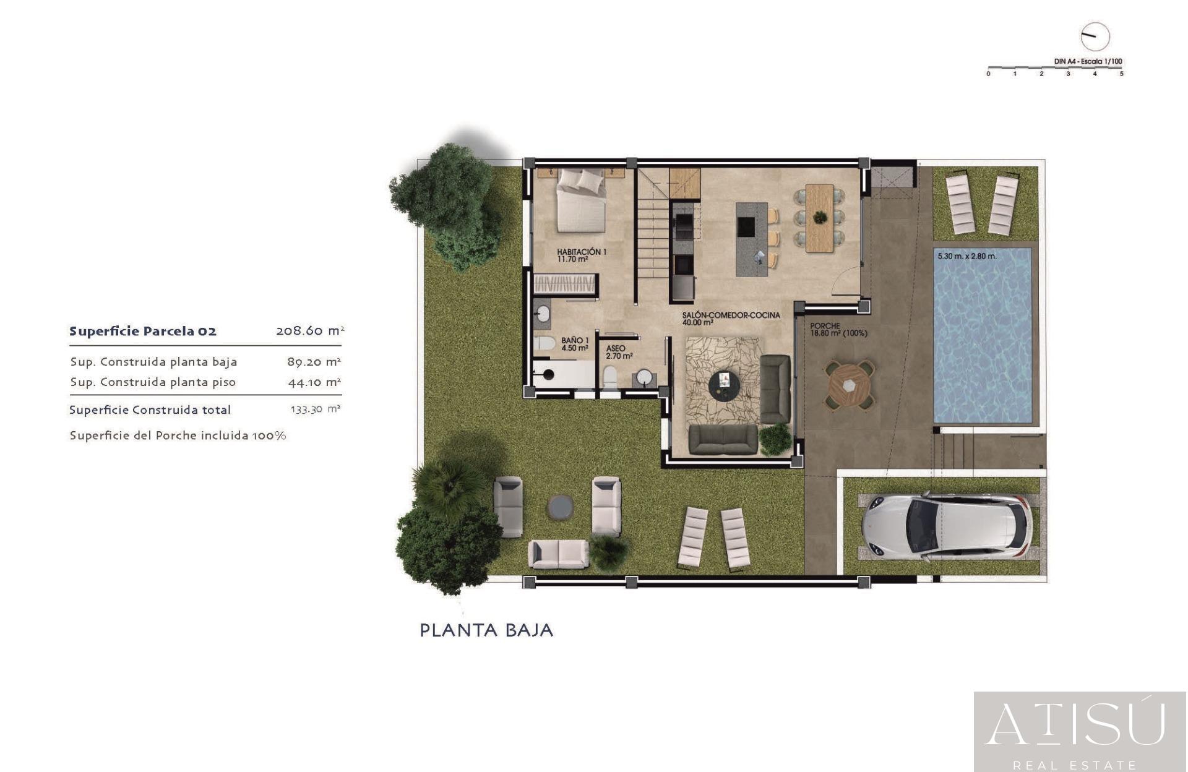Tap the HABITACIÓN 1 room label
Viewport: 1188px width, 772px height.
[x=581, y=255]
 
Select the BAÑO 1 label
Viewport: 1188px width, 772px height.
[x=574, y=344]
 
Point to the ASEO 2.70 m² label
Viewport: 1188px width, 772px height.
[x=619, y=352]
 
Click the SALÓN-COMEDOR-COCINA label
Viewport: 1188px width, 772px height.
[x=731, y=318]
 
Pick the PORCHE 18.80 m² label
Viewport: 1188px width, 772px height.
[x=838, y=330]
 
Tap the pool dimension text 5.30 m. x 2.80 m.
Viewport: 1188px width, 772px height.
[x=966, y=256]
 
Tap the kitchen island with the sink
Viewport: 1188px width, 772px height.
[x=751, y=239]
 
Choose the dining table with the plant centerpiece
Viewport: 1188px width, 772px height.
[x=819, y=218]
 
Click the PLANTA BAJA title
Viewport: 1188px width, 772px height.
[x=486, y=630]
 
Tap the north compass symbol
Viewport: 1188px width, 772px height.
[x=1095, y=36]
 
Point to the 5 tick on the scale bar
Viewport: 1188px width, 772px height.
[x=1121, y=74]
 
